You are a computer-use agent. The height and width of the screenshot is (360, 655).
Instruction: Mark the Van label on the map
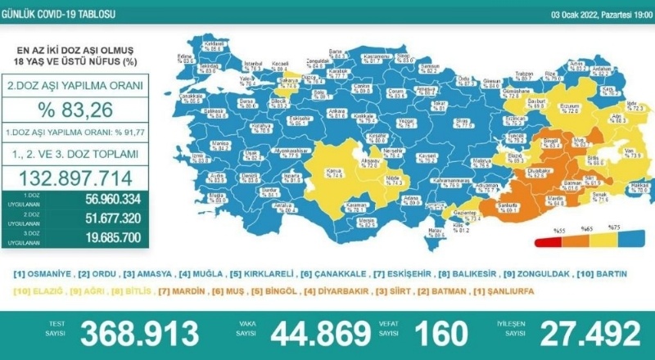click(x=630, y=151)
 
